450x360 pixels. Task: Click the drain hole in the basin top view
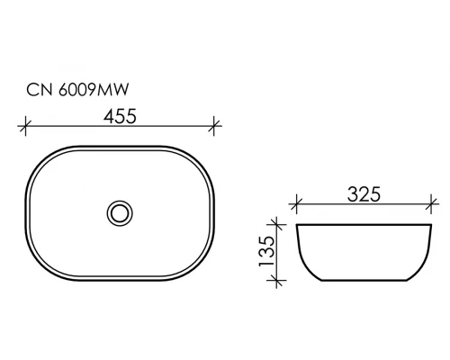point(118,212)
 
